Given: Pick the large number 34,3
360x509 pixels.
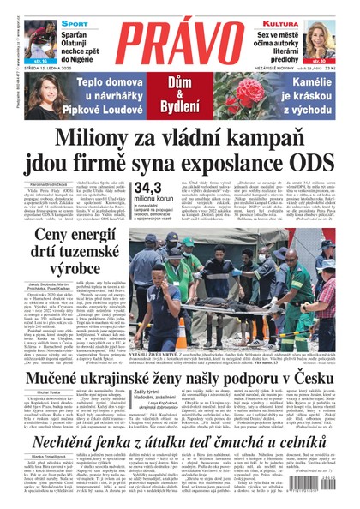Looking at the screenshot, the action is pyautogui.click(x=147, y=189).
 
